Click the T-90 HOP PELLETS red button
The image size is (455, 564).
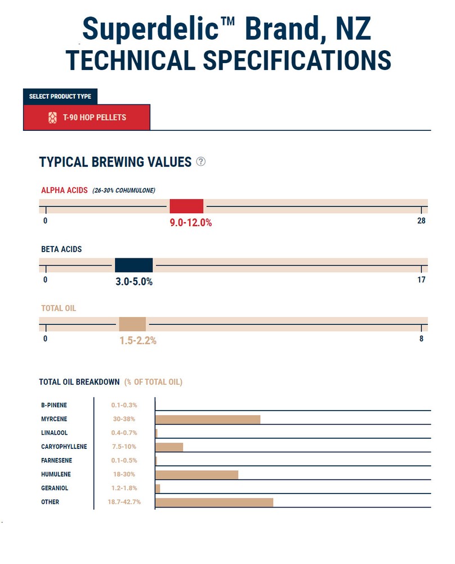[87, 117]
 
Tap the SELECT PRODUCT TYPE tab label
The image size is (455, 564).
[60, 96]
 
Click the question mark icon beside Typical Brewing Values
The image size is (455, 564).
[201, 162]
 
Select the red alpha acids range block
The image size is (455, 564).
[186, 206]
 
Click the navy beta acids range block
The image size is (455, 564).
[133, 265]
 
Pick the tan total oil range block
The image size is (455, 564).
[132, 324]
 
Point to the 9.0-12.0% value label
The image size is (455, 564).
[191, 223]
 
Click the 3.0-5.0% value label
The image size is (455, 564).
[134, 281]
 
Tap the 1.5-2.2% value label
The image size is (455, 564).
[138, 341]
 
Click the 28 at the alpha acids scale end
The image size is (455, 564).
[421, 221]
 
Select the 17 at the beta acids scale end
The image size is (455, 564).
[421, 280]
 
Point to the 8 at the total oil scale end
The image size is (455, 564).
[421, 339]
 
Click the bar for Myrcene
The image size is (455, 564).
[208, 419]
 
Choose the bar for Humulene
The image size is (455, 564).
[197, 474]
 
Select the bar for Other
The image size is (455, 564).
[214, 502]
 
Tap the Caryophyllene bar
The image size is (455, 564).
[169, 447]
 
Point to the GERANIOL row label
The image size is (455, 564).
[55, 488]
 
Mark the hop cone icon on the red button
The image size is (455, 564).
[52, 117]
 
